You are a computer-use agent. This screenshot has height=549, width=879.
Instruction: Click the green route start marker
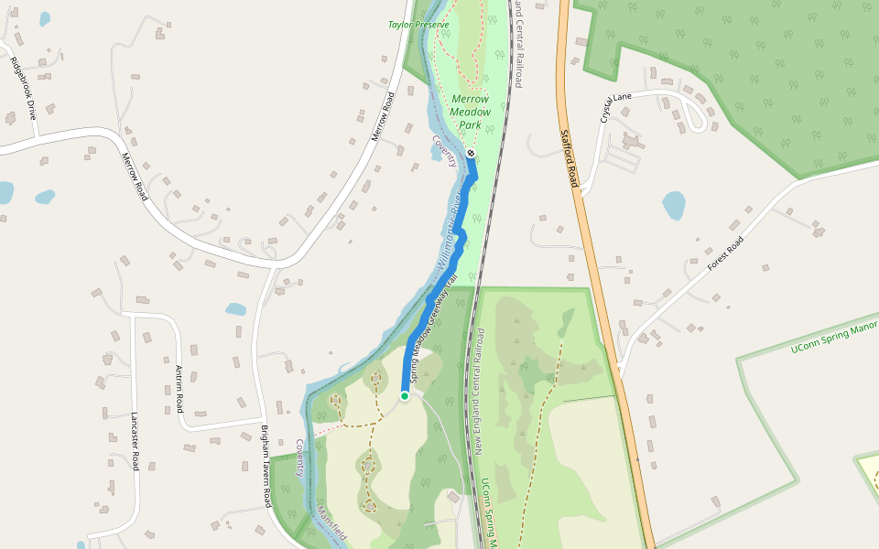pyautogui.click(x=404, y=395)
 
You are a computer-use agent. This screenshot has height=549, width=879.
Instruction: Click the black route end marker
pyautogui.click(x=470, y=153)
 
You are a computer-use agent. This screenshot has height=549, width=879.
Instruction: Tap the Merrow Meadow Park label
pyautogui.click(x=471, y=112)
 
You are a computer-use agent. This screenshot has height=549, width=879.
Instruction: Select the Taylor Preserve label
pyautogui.click(x=418, y=25)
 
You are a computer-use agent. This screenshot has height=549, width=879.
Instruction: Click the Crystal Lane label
pyautogui.click(x=616, y=107)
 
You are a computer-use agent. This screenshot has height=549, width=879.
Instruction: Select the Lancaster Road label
pyautogui.click(x=135, y=440)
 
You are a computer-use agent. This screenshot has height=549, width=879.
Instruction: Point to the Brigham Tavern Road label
pyautogui.click(x=266, y=467)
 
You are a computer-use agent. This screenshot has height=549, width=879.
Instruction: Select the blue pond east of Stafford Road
pyautogui.click(x=674, y=205)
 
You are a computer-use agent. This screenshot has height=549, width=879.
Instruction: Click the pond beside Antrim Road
pyautogui.click(x=235, y=309)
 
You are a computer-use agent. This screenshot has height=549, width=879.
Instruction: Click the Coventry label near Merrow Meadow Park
pyautogui.click(x=445, y=151)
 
